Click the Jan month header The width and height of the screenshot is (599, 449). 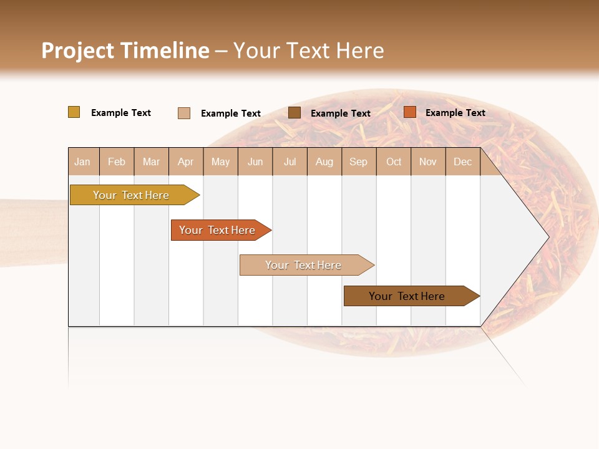(x=83, y=162)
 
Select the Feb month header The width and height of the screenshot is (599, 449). (x=117, y=162)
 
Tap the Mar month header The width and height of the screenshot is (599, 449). (x=151, y=162)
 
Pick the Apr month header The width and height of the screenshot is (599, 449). (x=186, y=162)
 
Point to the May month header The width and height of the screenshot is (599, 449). (x=220, y=162)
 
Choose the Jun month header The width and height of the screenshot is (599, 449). (x=255, y=162)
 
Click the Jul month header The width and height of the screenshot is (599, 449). (x=290, y=162)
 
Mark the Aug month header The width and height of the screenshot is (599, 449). (x=324, y=162)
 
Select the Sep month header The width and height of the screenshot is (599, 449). (x=359, y=162)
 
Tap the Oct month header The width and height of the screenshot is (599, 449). (x=394, y=162)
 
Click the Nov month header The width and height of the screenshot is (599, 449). (x=428, y=162)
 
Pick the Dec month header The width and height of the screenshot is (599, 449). (x=463, y=162)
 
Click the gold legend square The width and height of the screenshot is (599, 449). (x=74, y=112)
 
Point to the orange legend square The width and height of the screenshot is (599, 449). (x=409, y=112)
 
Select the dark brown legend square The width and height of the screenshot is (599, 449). (x=295, y=113)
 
